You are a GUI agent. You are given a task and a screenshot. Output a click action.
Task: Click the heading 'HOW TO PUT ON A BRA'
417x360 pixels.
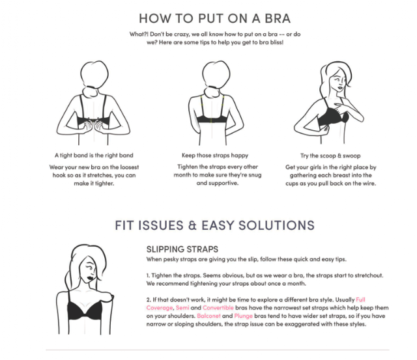point(214,18)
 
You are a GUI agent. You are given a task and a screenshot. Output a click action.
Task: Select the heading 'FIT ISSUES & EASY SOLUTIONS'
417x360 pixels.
point(214,225)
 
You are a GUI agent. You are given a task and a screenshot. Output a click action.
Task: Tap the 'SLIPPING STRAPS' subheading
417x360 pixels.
point(182,249)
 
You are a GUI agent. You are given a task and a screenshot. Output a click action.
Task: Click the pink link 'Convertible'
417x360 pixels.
point(218,308)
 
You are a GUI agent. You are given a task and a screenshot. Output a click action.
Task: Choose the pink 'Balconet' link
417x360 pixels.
point(208,316)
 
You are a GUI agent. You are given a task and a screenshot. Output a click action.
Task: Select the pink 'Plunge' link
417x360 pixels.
point(243,316)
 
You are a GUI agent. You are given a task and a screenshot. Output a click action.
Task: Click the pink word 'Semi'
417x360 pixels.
point(182,308)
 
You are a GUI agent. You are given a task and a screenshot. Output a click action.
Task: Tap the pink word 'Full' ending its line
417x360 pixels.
point(360,299)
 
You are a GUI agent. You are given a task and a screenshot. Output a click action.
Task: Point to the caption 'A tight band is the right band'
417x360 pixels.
point(94,156)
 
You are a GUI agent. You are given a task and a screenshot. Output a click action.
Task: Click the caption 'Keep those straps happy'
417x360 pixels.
point(215,156)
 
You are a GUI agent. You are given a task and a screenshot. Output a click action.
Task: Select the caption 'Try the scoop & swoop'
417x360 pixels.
point(330,156)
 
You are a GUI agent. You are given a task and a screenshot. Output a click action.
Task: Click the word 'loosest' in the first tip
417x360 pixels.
point(130,167)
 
